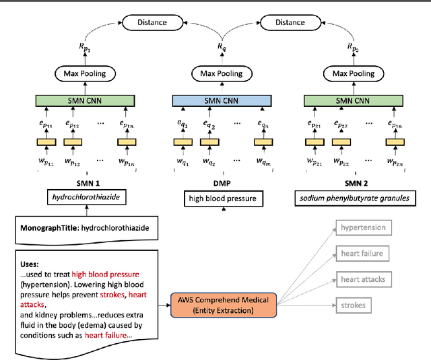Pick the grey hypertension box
coord(364,228)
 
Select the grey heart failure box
coord(364,254)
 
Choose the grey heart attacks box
coord(364,280)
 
